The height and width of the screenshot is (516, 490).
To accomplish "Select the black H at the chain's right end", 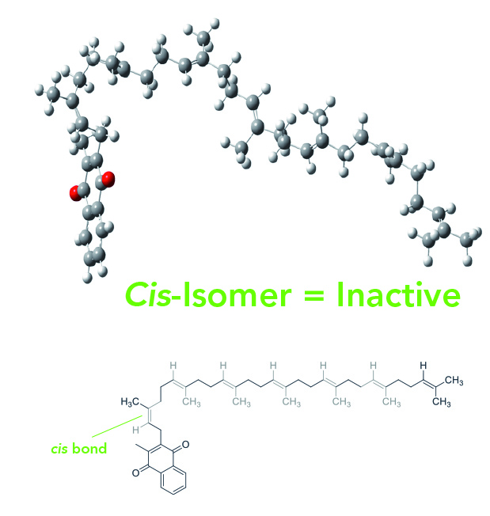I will [423, 366].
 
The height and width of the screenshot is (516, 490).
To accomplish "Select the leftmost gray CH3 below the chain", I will [192, 402].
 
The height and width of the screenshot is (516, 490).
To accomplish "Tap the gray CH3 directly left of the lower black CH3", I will [391, 403].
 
